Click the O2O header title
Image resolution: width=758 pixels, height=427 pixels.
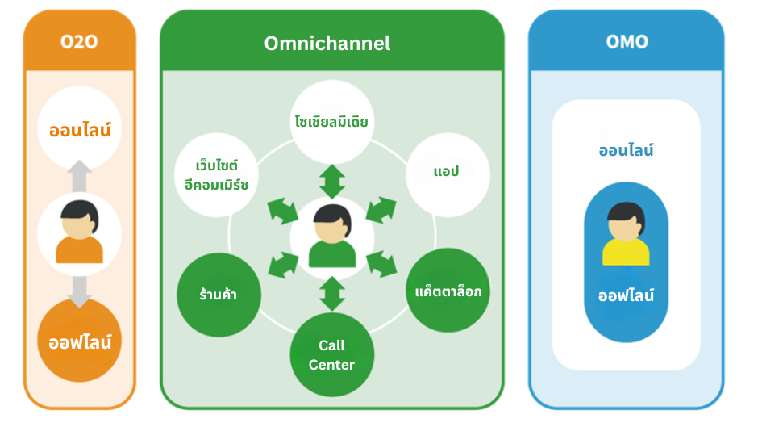pos(79,41)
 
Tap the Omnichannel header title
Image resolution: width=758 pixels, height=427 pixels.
pos(327,43)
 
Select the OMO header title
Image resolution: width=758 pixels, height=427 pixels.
pos(627,41)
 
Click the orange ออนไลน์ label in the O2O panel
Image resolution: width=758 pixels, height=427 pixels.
pos(80,129)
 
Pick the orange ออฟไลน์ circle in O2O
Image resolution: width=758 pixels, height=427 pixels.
pos(80,341)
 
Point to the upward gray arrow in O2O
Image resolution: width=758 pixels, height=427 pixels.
pos(80,176)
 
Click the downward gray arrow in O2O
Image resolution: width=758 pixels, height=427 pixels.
pos(80,290)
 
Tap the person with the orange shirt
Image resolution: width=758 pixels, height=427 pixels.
pos(80,232)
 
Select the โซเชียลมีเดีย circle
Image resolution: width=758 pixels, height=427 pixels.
pos(331,122)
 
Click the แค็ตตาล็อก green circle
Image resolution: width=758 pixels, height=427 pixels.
pos(448,291)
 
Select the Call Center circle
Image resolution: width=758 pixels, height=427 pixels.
pos(331,354)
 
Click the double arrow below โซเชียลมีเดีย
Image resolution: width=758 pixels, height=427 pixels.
pos(331,181)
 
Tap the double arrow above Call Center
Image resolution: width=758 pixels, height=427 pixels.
pos(331,293)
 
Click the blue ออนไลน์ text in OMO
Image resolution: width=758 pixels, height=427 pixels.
pos(626,150)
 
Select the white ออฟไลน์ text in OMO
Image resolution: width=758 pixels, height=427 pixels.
pos(626,295)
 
